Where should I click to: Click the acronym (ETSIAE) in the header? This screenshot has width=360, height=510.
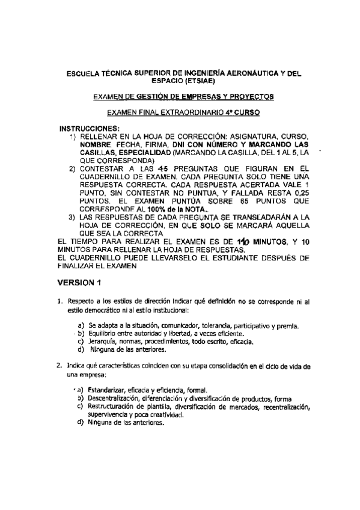click(x=203, y=81)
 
